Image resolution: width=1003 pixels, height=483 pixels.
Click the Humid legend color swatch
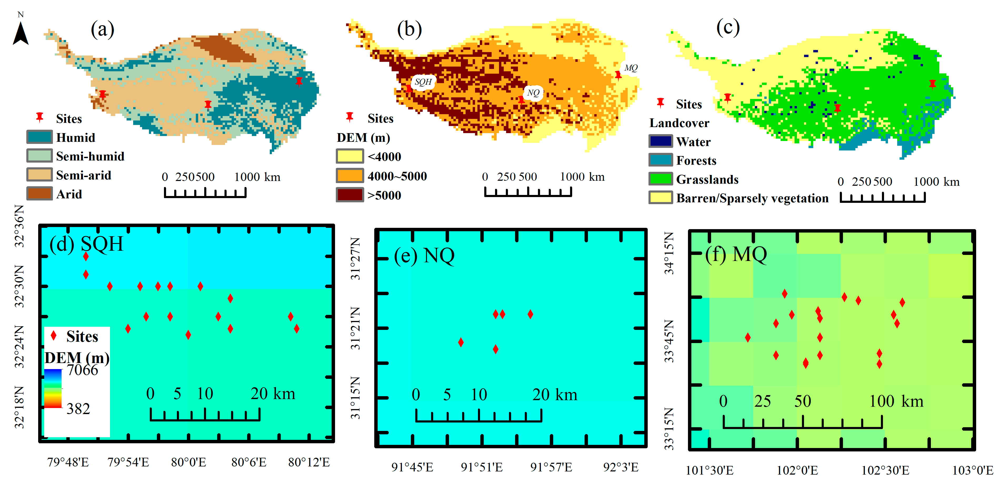tap(39, 137)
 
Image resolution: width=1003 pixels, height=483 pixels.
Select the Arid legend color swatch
tap(39, 193)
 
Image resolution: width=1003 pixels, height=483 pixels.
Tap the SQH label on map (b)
tap(423, 82)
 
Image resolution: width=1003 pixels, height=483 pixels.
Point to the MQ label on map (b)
tap(631, 68)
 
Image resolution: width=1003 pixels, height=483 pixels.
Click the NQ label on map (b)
tap(533, 93)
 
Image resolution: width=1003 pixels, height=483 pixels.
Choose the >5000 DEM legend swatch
tap(350, 195)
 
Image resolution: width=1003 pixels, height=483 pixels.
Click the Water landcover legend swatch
tap(660, 141)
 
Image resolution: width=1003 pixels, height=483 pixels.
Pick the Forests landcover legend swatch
tap(660, 160)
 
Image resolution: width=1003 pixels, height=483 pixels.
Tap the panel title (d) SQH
tap(86, 244)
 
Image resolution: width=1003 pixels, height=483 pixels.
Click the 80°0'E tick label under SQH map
tap(188, 462)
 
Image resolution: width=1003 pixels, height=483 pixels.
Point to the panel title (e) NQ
tap(424, 256)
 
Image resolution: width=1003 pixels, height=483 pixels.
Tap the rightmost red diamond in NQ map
tap(530, 314)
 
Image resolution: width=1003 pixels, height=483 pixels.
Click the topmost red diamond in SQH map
tap(86, 256)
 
